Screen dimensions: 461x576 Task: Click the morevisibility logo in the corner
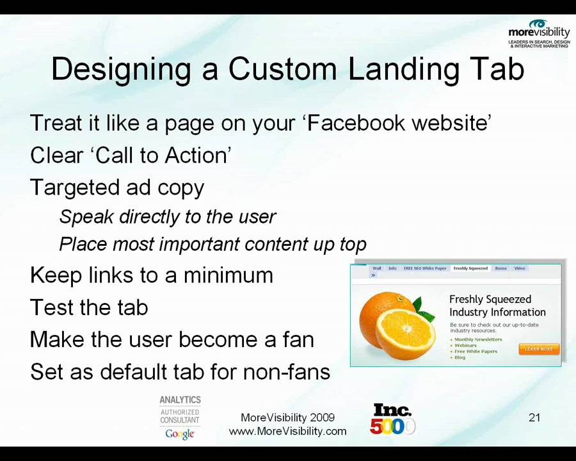539,33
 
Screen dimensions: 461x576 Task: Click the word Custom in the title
282,69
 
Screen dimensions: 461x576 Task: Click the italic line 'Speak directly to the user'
167,216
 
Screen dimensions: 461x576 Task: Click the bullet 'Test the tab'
89,307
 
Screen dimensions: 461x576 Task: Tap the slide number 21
534,417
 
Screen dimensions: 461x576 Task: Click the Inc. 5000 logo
392,419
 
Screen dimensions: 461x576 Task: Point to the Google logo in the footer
179,434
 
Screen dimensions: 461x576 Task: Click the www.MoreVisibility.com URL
287,431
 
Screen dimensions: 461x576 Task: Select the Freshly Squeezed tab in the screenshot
470,268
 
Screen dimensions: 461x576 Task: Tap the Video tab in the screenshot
520,268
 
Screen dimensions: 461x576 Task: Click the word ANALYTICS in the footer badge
180,400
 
